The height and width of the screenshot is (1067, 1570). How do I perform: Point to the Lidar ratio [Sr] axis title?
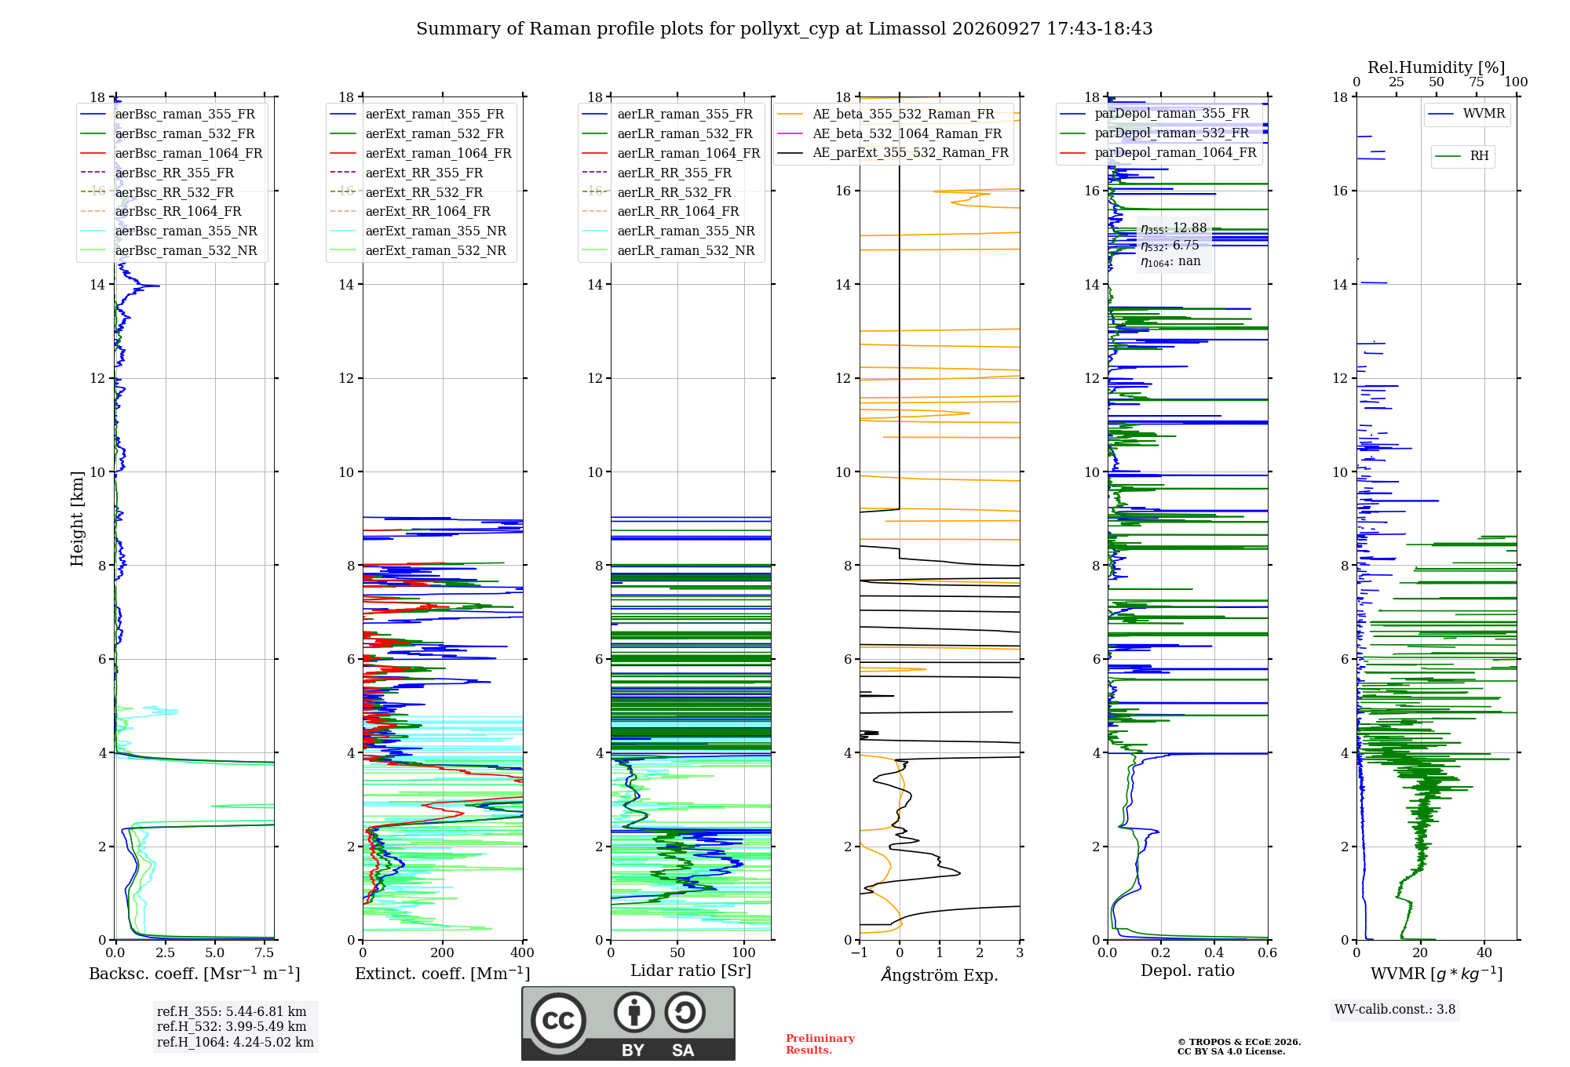click(x=691, y=970)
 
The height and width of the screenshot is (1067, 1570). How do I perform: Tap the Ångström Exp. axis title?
click(x=940, y=974)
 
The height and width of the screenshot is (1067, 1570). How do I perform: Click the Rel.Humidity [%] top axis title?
click(x=1437, y=67)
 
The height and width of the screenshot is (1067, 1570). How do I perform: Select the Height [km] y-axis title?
click(x=77, y=519)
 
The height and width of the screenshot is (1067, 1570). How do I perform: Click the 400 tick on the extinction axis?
click(x=522, y=952)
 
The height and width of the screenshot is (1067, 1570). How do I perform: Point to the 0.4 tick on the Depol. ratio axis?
click(x=1214, y=952)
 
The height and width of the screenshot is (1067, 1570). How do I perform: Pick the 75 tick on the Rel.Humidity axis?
click(x=1477, y=82)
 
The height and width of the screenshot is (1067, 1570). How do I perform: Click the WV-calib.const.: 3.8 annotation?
click(x=1395, y=1009)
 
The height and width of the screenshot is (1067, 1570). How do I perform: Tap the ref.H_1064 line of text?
click(x=235, y=1042)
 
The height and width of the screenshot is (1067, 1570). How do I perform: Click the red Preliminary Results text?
click(x=820, y=1044)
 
